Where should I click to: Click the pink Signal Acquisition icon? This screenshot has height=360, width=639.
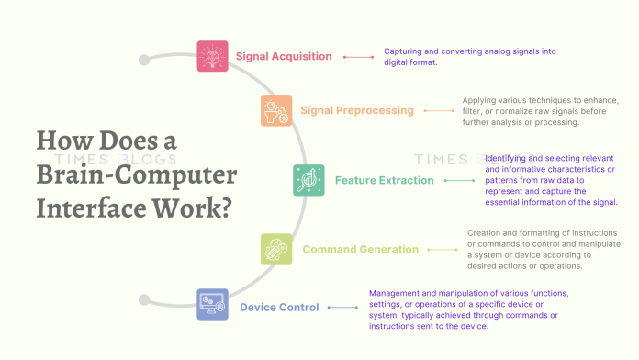pyautogui.click(x=212, y=56)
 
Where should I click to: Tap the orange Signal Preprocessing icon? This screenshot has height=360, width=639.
pyautogui.click(x=276, y=110)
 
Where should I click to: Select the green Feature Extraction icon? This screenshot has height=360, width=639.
pyautogui.click(x=308, y=180)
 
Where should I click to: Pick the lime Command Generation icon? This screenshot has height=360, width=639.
pyautogui.click(x=276, y=249)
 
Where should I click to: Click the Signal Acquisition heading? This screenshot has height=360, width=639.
pyautogui.click(x=284, y=56)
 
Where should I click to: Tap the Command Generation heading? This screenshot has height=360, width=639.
pyautogui.click(x=361, y=249)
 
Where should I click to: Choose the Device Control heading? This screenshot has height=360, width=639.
pyautogui.click(x=279, y=307)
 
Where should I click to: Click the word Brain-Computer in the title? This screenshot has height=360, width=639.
pyautogui.click(x=137, y=176)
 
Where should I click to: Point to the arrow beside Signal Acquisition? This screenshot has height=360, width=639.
pyautogui.click(x=356, y=57)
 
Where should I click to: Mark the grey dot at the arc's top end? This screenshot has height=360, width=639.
pyautogui.click(x=144, y=60)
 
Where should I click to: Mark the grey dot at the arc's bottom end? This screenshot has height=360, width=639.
pyautogui.click(x=143, y=299)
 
